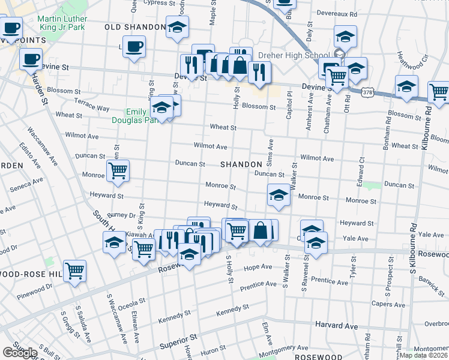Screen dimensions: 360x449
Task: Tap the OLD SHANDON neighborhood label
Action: (135, 27)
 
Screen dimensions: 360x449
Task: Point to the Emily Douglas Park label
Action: (137, 116)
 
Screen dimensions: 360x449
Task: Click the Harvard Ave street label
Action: (336, 326)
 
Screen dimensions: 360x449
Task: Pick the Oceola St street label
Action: (116, 308)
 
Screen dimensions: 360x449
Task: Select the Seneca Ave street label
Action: (26, 184)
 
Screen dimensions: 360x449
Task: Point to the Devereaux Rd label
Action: (337, 13)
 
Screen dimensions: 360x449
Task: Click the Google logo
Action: (20, 353)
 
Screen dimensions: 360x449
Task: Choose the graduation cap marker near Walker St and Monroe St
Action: (279, 196)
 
